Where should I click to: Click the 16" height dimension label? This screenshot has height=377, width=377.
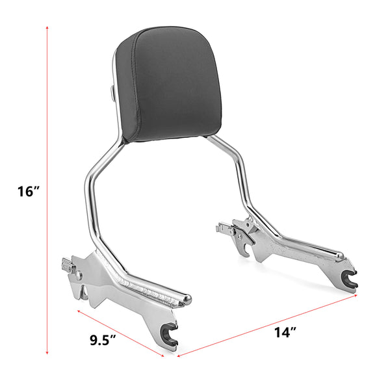coord(29,191)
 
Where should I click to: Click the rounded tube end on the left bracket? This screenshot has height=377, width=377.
coord(188,300)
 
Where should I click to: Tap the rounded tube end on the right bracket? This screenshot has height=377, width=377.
coord(339,254)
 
